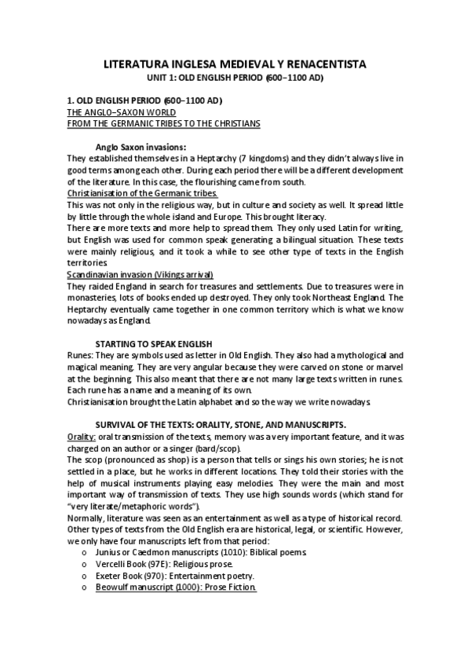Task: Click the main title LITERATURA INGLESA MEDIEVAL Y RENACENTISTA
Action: click(x=235, y=64)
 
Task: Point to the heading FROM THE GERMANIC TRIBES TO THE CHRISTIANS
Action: click(x=164, y=123)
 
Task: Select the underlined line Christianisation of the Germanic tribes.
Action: click(x=142, y=192)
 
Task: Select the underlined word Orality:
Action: click(x=82, y=436)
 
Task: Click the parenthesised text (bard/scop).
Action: click(x=186, y=448)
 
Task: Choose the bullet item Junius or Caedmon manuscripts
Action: click(x=155, y=552)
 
